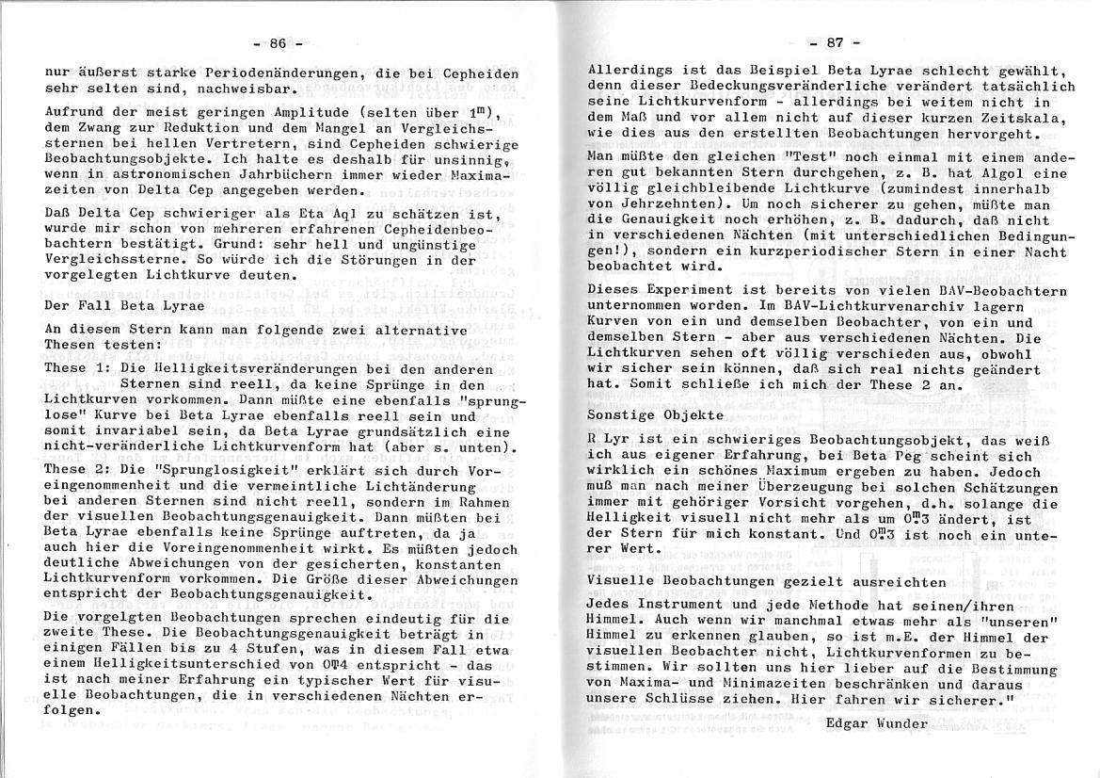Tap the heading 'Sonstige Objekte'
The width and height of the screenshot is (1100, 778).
[x=656, y=413]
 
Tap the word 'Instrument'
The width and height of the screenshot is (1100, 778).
[x=684, y=606]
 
